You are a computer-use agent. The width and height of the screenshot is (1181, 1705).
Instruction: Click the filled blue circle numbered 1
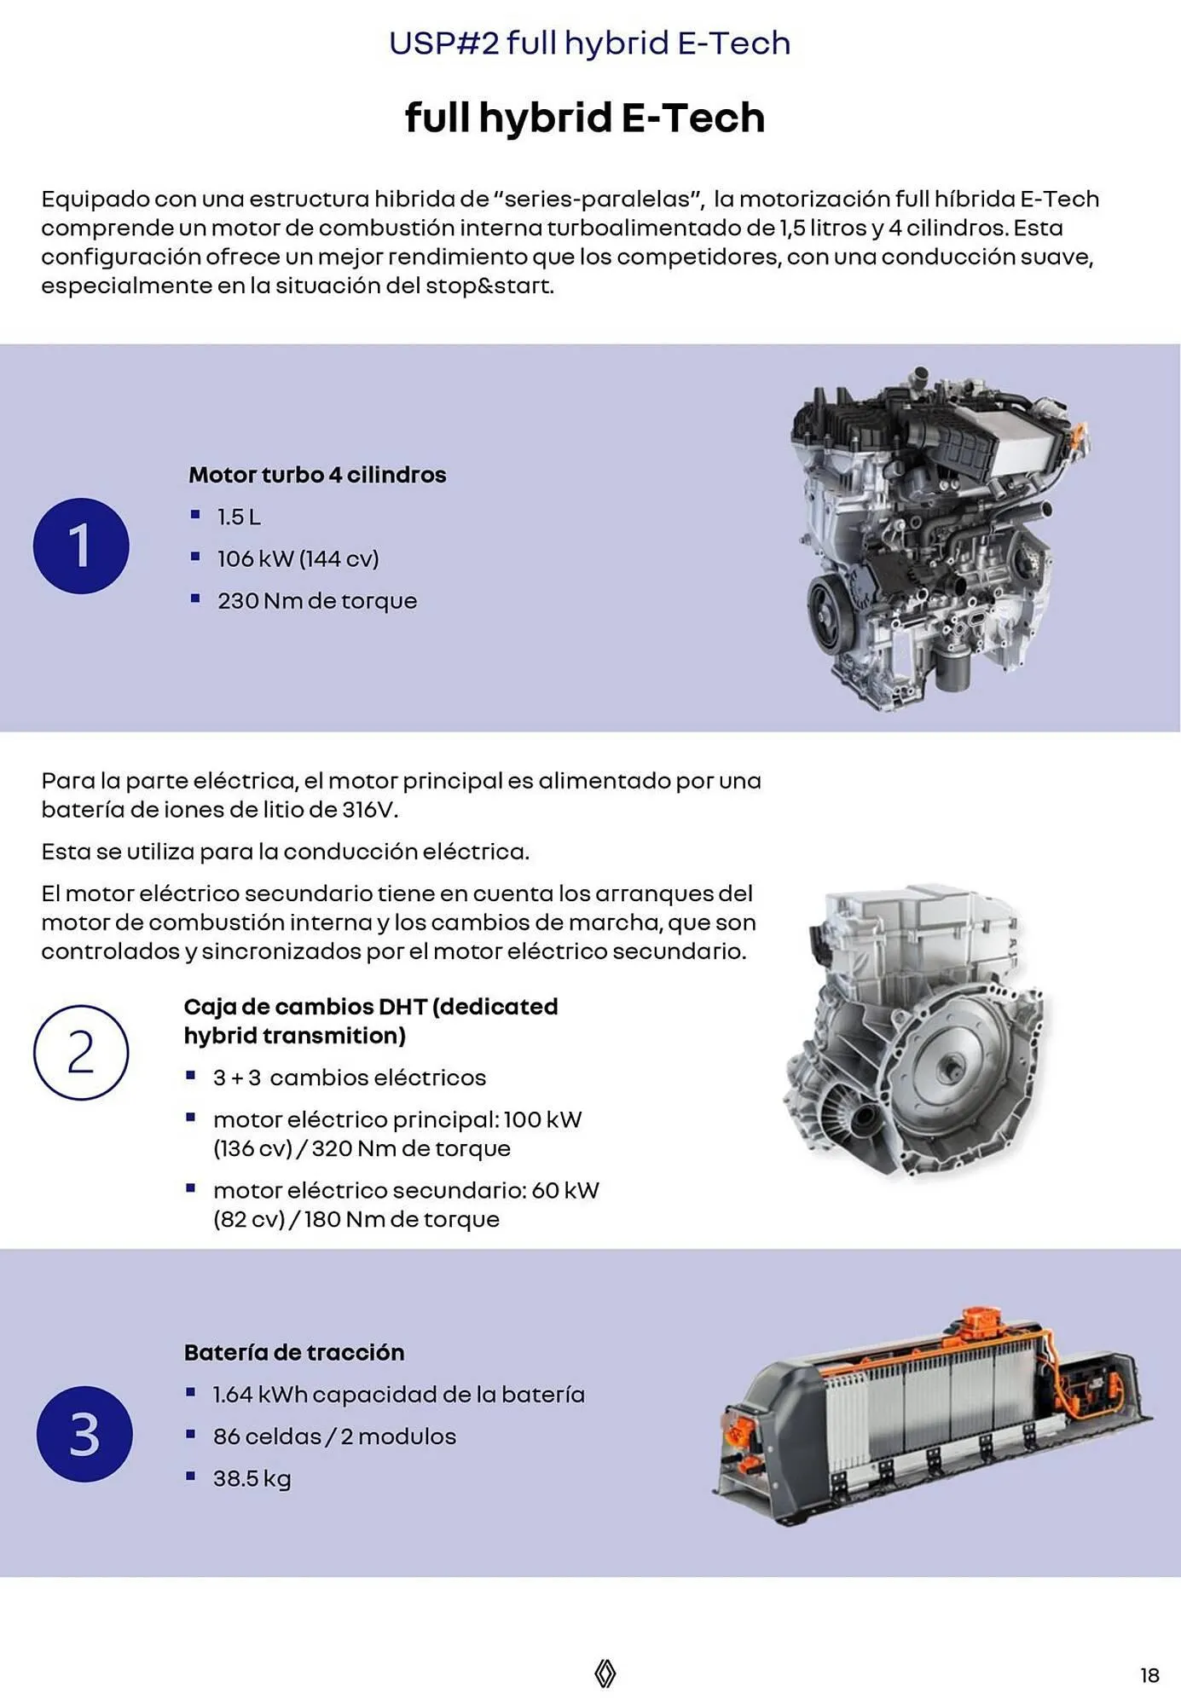pos(81,546)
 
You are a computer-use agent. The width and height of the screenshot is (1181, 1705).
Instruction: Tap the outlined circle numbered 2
pos(81,1052)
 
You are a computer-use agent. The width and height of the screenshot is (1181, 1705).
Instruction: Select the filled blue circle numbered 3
pos(84,1434)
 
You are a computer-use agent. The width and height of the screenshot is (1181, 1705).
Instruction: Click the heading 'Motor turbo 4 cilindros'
pos(317,475)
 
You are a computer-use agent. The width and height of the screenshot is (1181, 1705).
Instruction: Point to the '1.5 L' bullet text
pos(239,517)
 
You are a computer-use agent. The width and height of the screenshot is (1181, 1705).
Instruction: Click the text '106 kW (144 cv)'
pos(298,558)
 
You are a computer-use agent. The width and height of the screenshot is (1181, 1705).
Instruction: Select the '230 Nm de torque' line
pos(316,601)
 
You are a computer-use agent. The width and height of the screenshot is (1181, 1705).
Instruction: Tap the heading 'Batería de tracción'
pos(294,1352)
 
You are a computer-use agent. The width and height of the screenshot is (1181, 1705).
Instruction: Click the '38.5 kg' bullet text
pos(252,1478)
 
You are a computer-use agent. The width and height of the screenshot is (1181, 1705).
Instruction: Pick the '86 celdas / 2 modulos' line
pos(334,1436)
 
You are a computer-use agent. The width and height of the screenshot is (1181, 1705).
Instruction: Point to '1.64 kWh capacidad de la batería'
pos(398,1395)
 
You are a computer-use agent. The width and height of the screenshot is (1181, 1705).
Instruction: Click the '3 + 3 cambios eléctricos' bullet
pos(349,1078)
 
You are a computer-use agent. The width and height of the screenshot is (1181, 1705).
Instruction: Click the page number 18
pos(1149,1675)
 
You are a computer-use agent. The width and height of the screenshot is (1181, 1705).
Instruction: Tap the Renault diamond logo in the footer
pos(605,1673)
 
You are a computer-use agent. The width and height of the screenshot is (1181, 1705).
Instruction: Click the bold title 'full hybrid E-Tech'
pos(584,118)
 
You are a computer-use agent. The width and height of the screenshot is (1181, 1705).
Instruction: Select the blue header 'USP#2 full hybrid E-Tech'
pos(589,43)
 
